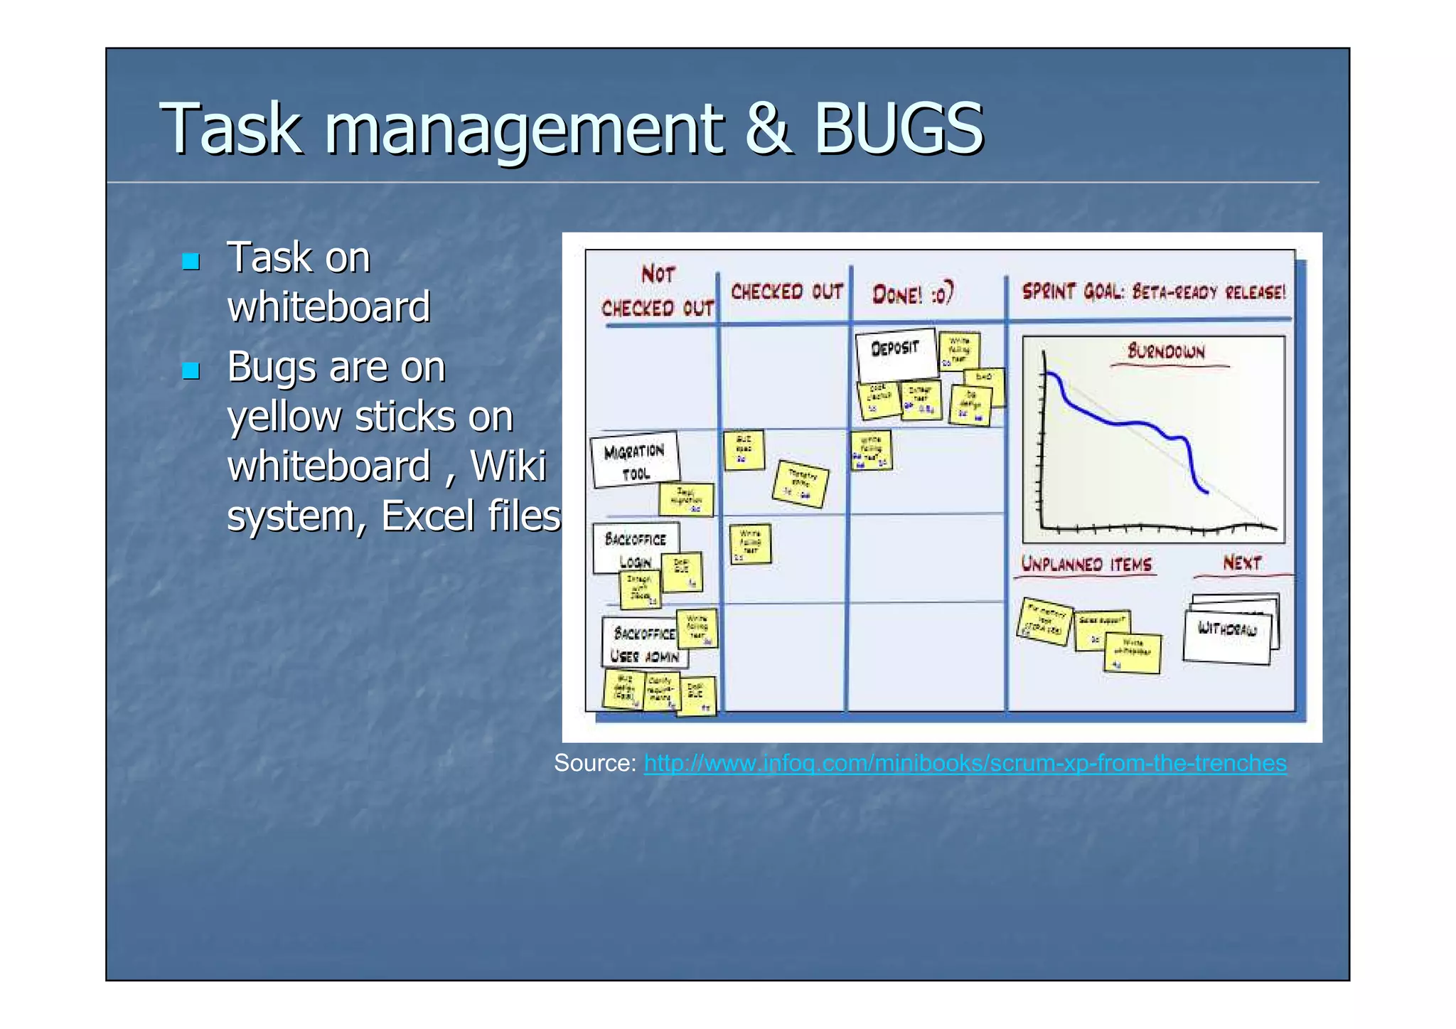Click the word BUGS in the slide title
coord(898,128)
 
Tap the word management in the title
coord(524,129)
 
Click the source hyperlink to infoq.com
coord(965,763)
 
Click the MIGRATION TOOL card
coord(634,460)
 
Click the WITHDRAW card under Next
coord(1227,629)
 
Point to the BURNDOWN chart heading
coord(1166,351)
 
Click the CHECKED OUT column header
coord(786,292)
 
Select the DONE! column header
coord(913,294)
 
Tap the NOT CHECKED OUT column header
coord(658,292)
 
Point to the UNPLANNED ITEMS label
coord(1086,565)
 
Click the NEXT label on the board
coord(1241,563)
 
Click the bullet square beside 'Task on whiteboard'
coord(191,261)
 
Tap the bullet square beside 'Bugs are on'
coord(191,370)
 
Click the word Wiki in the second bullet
coord(508,466)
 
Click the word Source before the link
coord(594,763)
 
